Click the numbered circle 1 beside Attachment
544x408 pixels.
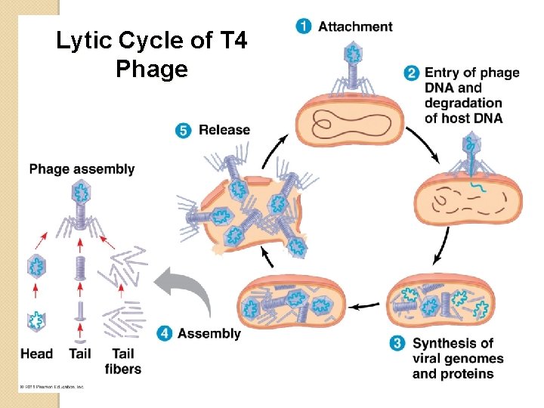[304, 27]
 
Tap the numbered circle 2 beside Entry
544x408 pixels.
[412, 73]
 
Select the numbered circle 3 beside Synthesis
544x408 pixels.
[397, 344]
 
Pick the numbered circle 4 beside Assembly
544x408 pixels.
[164, 333]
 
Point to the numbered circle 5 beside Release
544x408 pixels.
[184, 130]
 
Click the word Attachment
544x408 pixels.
[355, 27]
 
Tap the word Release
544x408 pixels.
[224, 130]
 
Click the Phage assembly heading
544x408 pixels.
[82, 169]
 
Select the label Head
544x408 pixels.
[36, 353]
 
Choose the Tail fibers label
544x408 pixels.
[122, 361]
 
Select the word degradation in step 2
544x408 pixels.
[463, 103]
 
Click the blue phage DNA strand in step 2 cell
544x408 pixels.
[479, 186]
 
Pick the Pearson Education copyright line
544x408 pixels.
[51, 387]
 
